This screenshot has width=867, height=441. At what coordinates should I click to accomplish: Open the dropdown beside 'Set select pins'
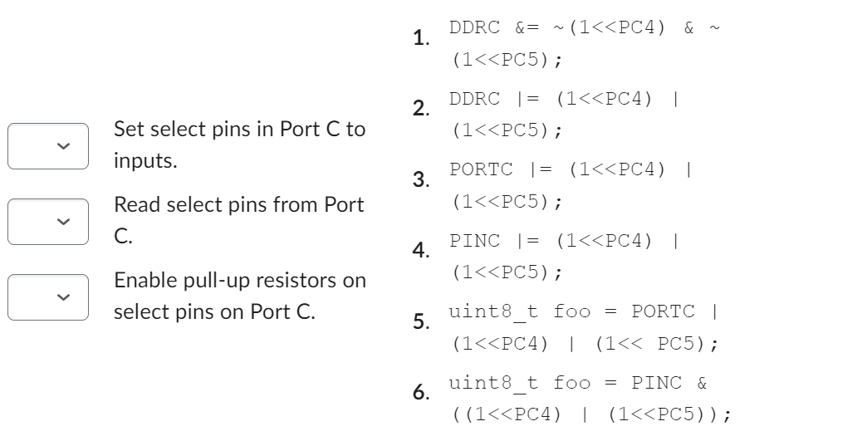click(48, 146)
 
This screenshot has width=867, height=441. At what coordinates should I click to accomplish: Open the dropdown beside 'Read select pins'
click(48, 222)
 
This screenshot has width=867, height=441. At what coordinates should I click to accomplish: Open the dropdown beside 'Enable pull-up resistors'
click(48, 296)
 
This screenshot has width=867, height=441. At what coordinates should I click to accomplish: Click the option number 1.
click(421, 38)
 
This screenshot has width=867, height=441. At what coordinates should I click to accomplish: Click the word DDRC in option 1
click(475, 27)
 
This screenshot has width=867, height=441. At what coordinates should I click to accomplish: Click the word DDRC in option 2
click(475, 99)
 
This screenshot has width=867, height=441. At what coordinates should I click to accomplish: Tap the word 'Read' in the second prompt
click(135, 205)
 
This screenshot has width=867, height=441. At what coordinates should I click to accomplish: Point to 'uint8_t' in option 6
click(481, 383)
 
